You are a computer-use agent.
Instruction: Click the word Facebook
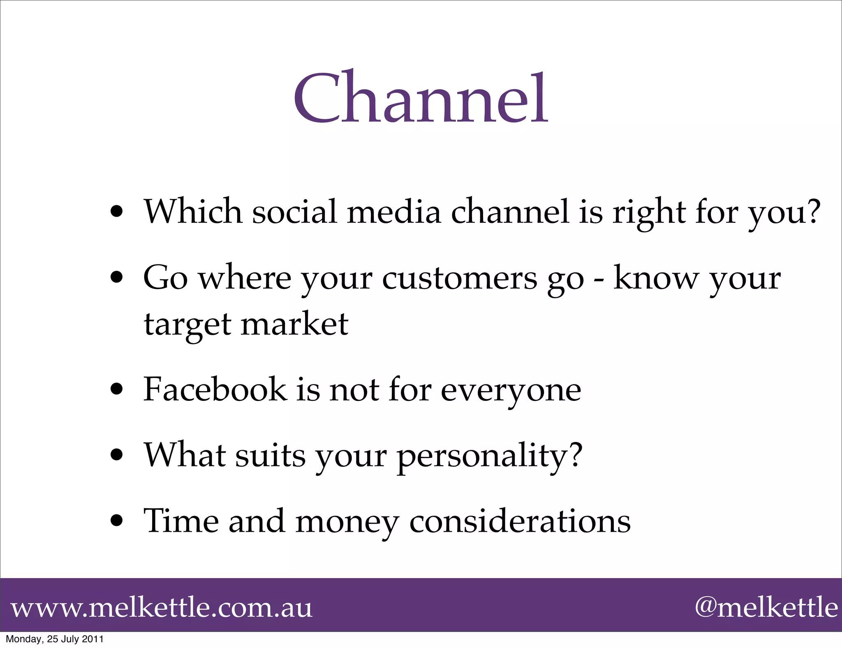pos(215,389)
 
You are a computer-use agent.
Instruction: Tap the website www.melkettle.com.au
pos(162,608)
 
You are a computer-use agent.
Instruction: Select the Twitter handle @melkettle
pos(766,607)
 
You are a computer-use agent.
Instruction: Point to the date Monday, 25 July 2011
pos(55,639)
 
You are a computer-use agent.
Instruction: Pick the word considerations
pos(520,521)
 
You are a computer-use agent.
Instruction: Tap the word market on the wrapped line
pos(294,324)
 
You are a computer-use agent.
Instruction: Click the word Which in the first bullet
pos(193,211)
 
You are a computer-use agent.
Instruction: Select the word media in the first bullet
pos(394,211)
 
